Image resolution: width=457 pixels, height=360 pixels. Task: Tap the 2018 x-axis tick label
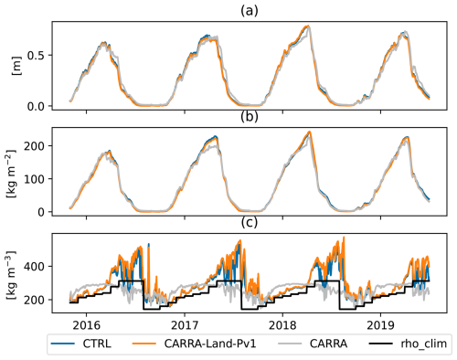click(x=284, y=324)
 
